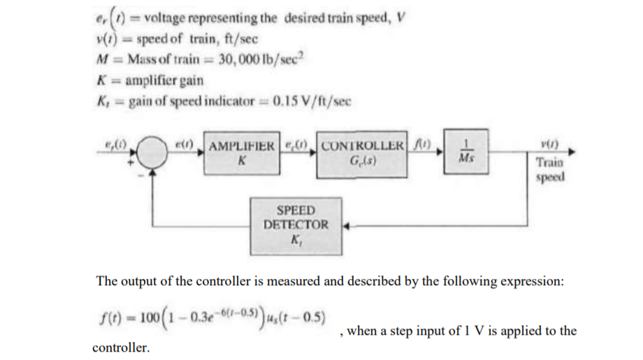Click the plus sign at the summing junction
(x=130, y=162)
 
